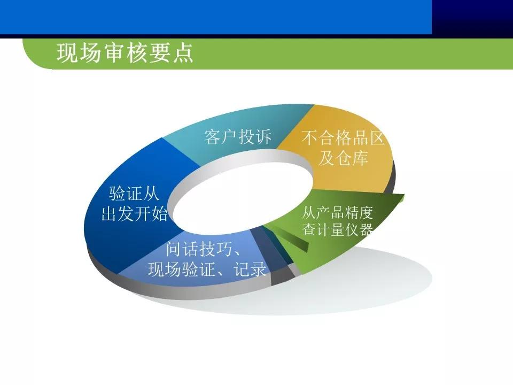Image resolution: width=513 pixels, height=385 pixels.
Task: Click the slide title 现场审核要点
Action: tap(125, 54)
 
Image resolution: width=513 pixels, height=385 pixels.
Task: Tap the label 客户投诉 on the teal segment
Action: tap(238, 137)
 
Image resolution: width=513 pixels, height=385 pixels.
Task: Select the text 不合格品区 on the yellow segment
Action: tap(343, 138)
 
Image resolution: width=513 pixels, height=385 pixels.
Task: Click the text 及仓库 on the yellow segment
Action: tap(343, 159)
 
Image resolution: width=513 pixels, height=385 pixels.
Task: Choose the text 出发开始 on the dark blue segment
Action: tap(134, 214)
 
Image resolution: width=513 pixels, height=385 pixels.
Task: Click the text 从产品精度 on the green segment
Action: tap(337, 212)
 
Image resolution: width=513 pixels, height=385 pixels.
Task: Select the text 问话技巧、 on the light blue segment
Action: tap(202, 250)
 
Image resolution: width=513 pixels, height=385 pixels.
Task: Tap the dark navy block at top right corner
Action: tap(472, 17)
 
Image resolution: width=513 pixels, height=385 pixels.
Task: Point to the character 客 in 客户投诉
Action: tap(213, 137)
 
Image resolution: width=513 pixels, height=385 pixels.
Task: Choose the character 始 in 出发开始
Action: tap(159, 214)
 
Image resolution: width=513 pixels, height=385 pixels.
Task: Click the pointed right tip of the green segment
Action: tap(403, 197)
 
